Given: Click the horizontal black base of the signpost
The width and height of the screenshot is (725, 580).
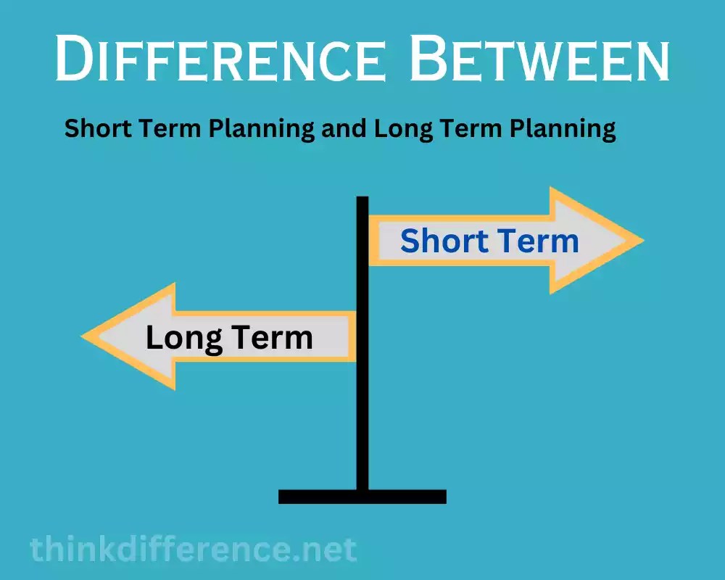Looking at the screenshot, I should click(362, 497).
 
